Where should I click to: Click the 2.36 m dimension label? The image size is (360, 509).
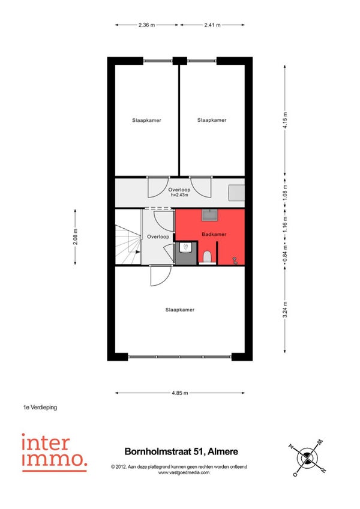click(147, 25)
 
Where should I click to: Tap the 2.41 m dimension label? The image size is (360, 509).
click(212, 25)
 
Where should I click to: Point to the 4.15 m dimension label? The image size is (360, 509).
click(285, 120)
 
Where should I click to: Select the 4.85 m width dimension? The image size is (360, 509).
click(180, 393)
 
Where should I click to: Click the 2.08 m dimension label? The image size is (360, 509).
click(76, 237)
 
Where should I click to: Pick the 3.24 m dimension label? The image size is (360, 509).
click(285, 310)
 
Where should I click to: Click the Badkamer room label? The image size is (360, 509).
click(214, 234)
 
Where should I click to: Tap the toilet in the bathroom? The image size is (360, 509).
click(207, 257)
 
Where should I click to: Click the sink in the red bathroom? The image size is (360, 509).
click(210, 215)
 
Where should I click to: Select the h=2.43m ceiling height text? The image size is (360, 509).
click(179, 195)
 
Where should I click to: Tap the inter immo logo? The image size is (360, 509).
click(55, 453)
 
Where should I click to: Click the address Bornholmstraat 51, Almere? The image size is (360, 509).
click(181, 451)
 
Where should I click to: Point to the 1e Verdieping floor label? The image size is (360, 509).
click(40, 407)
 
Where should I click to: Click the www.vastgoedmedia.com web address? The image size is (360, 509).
click(184, 472)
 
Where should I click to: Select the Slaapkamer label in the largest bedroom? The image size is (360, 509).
click(180, 310)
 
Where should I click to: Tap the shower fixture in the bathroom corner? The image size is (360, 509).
click(235, 260)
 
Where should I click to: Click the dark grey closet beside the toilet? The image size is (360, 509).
click(185, 253)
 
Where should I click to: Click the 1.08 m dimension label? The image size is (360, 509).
click(285, 192)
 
